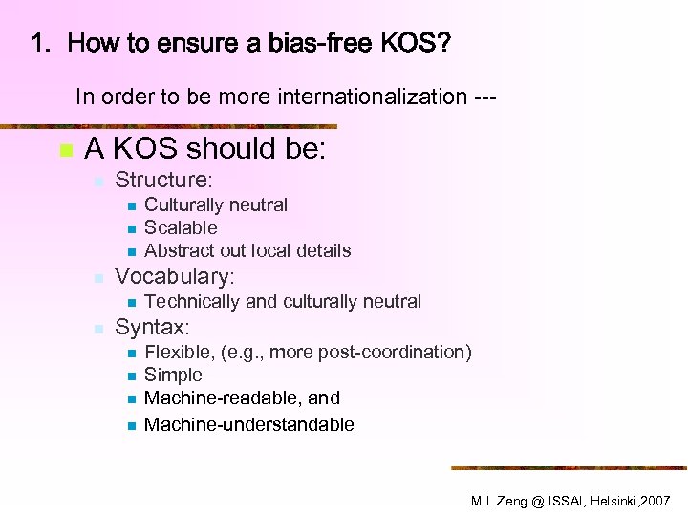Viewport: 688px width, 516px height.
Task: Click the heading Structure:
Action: [x=163, y=180]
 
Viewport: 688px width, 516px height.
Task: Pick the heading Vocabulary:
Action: [x=174, y=277]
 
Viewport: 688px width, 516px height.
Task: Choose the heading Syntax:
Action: [x=152, y=328]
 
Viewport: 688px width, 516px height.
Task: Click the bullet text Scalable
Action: [x=181, y=227]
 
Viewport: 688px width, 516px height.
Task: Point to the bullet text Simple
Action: [x=173, y=375]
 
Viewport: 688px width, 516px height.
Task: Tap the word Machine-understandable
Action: [x=248, y=424]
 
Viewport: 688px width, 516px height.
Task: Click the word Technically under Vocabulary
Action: [x=191, y=301]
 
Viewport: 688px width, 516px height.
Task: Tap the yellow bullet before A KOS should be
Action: [x=64, y=151]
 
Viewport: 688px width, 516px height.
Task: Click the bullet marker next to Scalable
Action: [x=130, y=228]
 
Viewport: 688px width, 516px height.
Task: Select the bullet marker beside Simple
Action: [x=130, y=376]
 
